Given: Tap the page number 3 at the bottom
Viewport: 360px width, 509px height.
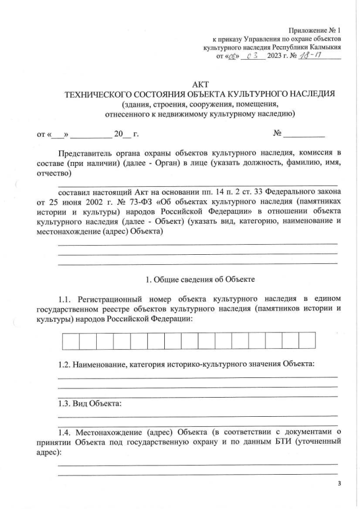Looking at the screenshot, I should [339, 489].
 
